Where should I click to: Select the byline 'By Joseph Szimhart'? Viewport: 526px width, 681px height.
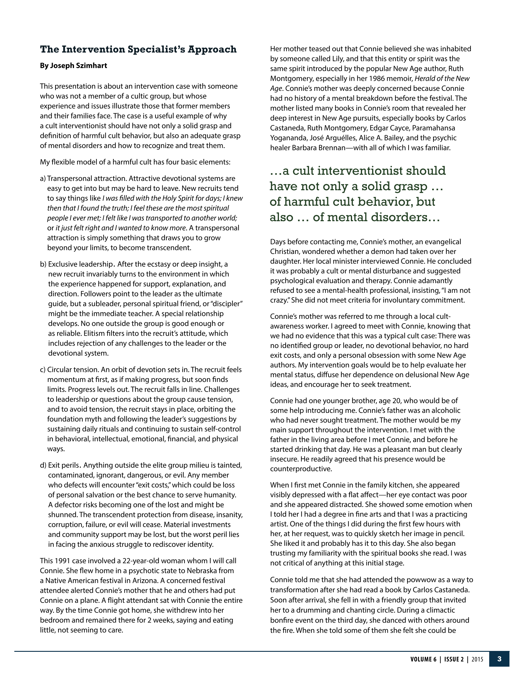[73, 66]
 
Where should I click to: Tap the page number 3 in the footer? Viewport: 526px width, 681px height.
[499, 659]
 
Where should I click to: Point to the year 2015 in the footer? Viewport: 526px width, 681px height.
[477, 659]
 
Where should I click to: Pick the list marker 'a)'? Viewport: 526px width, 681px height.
[43, 179]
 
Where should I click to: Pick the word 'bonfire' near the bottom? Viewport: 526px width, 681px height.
[282, 621]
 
